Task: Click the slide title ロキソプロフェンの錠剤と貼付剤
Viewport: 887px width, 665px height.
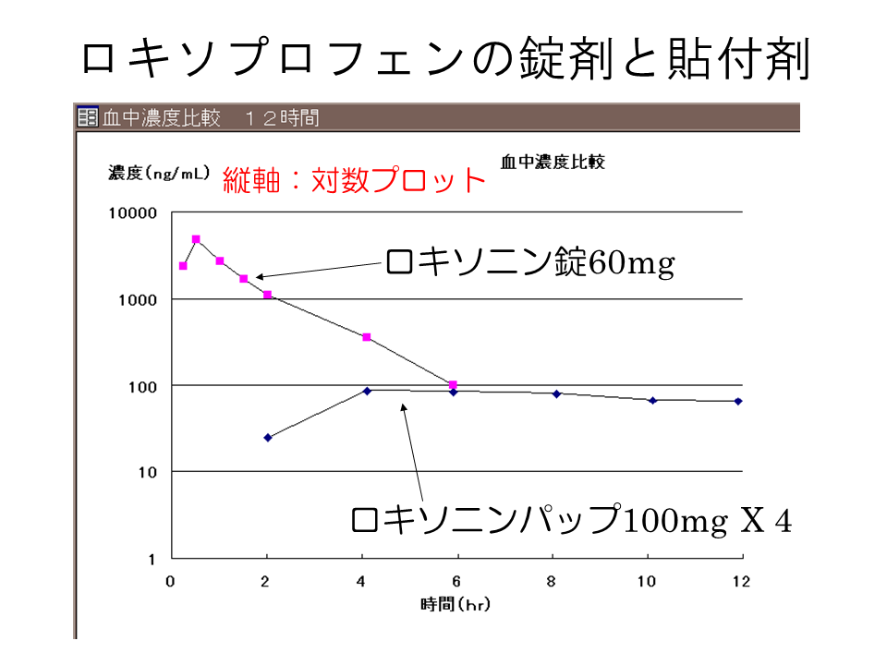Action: [x=444, y=59]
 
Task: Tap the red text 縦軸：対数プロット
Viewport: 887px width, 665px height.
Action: [x=354, y=179]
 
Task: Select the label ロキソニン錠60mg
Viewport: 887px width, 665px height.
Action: [x=529, y=263]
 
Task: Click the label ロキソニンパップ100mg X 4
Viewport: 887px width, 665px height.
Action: [x=571, y=520]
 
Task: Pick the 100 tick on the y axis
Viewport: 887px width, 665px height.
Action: [x=145, y=386]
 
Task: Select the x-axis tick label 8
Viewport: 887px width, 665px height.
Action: [x=552, y=582]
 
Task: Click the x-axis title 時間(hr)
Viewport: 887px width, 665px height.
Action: [x=455, y=605]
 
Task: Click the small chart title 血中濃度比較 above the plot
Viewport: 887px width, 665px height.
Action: [x=553, y=162]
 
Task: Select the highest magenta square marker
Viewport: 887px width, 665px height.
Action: [x=196, y=239]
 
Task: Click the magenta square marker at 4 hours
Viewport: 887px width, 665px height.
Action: [x=367, y=337]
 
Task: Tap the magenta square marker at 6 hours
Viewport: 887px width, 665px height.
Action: [x=453, y=384]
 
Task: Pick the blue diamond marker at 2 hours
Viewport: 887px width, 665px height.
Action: [x=268, y=438]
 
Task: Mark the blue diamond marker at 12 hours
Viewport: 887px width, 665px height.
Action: [x=738, y=401]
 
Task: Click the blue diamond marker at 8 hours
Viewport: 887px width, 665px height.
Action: [x=557, y=393]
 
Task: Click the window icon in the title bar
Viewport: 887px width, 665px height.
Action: [x=87, y=117]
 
